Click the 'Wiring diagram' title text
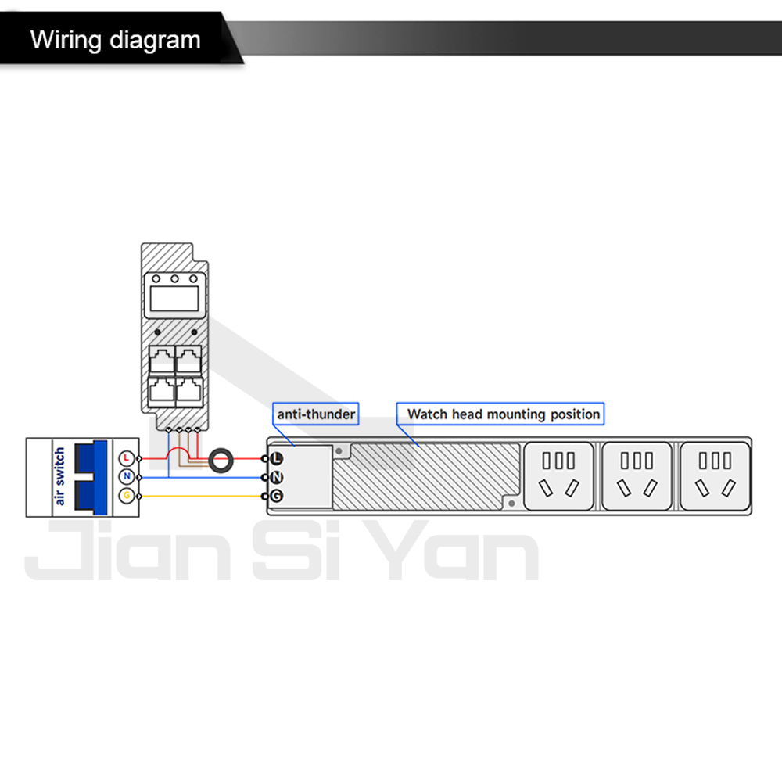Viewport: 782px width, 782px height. tap(115, 40)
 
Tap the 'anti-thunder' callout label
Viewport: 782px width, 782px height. tap(316, 414)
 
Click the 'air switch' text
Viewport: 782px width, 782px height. tap(59, 476)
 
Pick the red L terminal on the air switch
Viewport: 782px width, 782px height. tap(127, 458)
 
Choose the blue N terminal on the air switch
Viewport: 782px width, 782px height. tap(127, 477)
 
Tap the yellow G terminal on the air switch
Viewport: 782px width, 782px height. tap(127, 496)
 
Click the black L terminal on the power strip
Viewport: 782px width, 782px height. tap(276, 458)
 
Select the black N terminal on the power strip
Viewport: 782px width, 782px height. tap(276, 477)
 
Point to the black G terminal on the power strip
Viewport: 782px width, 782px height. tap(276, 497)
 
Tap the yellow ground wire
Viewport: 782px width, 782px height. tap(202, 497)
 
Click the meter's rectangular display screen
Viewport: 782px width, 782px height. tap(174, 298)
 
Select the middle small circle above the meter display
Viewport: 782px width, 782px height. tap(174, 279)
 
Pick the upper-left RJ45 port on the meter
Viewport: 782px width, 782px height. tap(162, 360)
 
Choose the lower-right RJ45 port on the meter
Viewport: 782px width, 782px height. tap(189, 390)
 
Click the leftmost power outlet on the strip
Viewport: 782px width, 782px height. tap(558, 476)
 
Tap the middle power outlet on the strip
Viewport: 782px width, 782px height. tap(637, 476)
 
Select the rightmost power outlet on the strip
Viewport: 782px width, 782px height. tap(716, 476)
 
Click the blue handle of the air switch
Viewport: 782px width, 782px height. tap(91, 477)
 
